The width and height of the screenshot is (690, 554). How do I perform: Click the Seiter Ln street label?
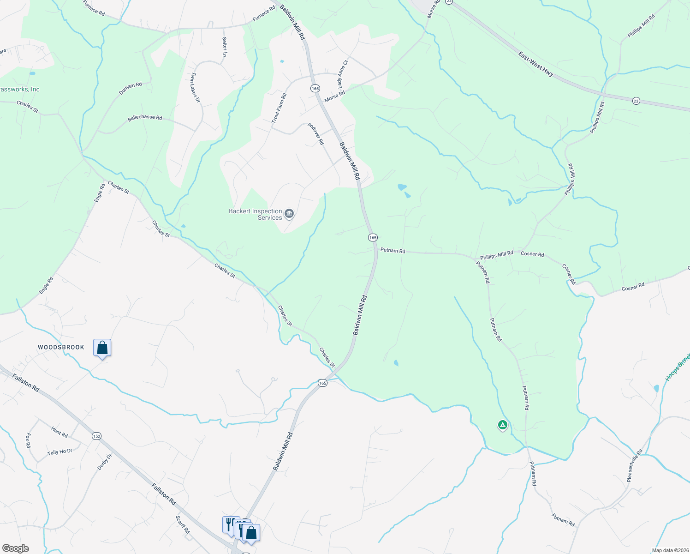pyautogui.click(x=225, y=47)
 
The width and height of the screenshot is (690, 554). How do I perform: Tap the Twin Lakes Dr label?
pyautogui.click(x=196, y=87)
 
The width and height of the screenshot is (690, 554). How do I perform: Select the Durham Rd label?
pyautogui.click(x=130, y=88)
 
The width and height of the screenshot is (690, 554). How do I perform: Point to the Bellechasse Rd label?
pyautogui.click(x=145, y=118)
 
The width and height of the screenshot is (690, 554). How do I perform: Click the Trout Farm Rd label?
pyautogui.click(x=279, y=108)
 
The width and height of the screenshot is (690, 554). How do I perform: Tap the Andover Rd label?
pyautogui.click(x=316, y=134)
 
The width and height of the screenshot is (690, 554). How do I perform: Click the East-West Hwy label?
pyautogui.click(x=535, y=64)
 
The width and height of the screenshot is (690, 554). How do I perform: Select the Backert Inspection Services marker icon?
pyautogui.click(x=289, y=213)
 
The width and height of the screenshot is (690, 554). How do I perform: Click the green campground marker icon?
pyautogui.click(x=502, y=425)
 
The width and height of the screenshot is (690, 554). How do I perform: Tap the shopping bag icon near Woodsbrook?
pyautogui.click(x=102, y=348)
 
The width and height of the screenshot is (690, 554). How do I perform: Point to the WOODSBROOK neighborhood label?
pyautogui.click(x=61, y=347)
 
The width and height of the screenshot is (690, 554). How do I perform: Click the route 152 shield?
pyautogui.click(x=96, y=436)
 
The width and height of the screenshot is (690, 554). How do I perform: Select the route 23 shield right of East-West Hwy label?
pyautogui.click(x=636, y=101)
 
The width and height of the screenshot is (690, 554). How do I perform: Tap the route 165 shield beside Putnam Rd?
pyautogui.click(x=373, y=237)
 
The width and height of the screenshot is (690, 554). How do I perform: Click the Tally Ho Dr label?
pyautogui.click(x=60, y=452)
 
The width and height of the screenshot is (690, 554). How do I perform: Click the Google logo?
pyautogui.click(x=15, y=548)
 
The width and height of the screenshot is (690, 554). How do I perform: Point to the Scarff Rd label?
pyautogui.click(x=183, y=524)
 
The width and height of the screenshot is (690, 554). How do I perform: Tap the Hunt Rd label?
pyautogui.click(x=59, y=432)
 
